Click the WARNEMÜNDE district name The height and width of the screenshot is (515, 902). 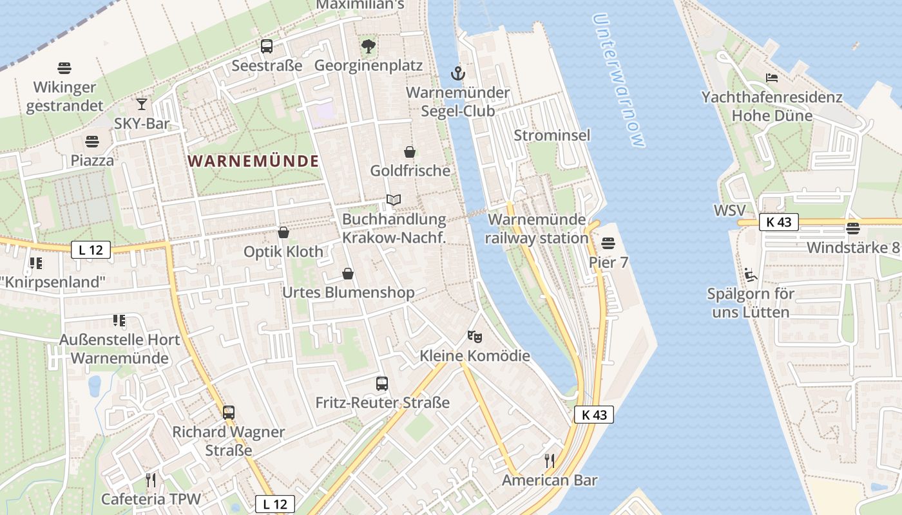coord(254,161)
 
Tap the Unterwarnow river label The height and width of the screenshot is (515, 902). coord(619,80)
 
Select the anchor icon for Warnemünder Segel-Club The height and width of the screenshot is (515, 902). coord(457,73)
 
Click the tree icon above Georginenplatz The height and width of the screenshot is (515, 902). coord(368,46)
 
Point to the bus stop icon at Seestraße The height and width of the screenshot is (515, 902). coord(267,46)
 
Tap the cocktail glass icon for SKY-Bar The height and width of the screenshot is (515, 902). coord(141,104)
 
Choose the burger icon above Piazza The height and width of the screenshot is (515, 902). coord(92,141)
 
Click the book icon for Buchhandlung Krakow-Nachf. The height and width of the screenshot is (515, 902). coord(393,201)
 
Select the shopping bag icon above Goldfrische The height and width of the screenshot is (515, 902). coord(409,152)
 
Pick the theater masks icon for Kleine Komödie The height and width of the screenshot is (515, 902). coord(475,336)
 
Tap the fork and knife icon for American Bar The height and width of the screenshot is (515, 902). coord(550,461)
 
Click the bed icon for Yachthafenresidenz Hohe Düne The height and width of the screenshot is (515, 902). coord(771,79)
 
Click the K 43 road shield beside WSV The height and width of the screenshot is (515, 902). coord(778,222)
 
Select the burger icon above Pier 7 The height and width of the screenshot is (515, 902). coord(608,243)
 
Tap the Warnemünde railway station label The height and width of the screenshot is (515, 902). coord(537,229)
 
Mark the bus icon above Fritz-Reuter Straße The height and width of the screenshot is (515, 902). coord(382,384)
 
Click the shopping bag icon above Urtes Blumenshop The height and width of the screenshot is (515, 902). coord(348,274)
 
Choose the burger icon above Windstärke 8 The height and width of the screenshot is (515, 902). coord(852,229)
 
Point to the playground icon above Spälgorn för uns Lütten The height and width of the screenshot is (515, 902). coord(750,275)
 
